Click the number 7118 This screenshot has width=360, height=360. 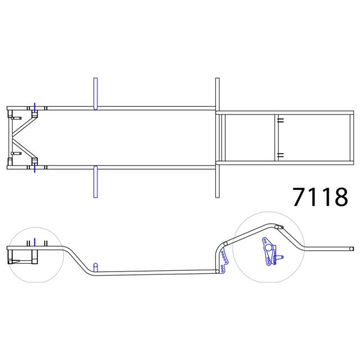pyautogui.click(x=320, y=197)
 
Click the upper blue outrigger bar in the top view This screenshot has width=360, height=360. pyautogui.click(x=95, y=94)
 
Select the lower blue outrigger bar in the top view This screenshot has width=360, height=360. pyautogui.click(x=95, y=182)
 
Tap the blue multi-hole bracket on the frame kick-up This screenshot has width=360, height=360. pyautogui.click(x=223, y=262)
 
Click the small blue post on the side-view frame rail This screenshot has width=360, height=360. pyautogui.click(x=96, y=268)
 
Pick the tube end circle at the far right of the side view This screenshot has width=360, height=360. pyautogui.click(x=351, y=249)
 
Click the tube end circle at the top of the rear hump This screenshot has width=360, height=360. pyautogui.click(x=277, y=227)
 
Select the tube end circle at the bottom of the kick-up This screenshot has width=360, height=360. pyautogui.click(x=217, y=271)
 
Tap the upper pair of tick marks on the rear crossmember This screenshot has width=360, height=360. pyautogui.click(x=281, y=120)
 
